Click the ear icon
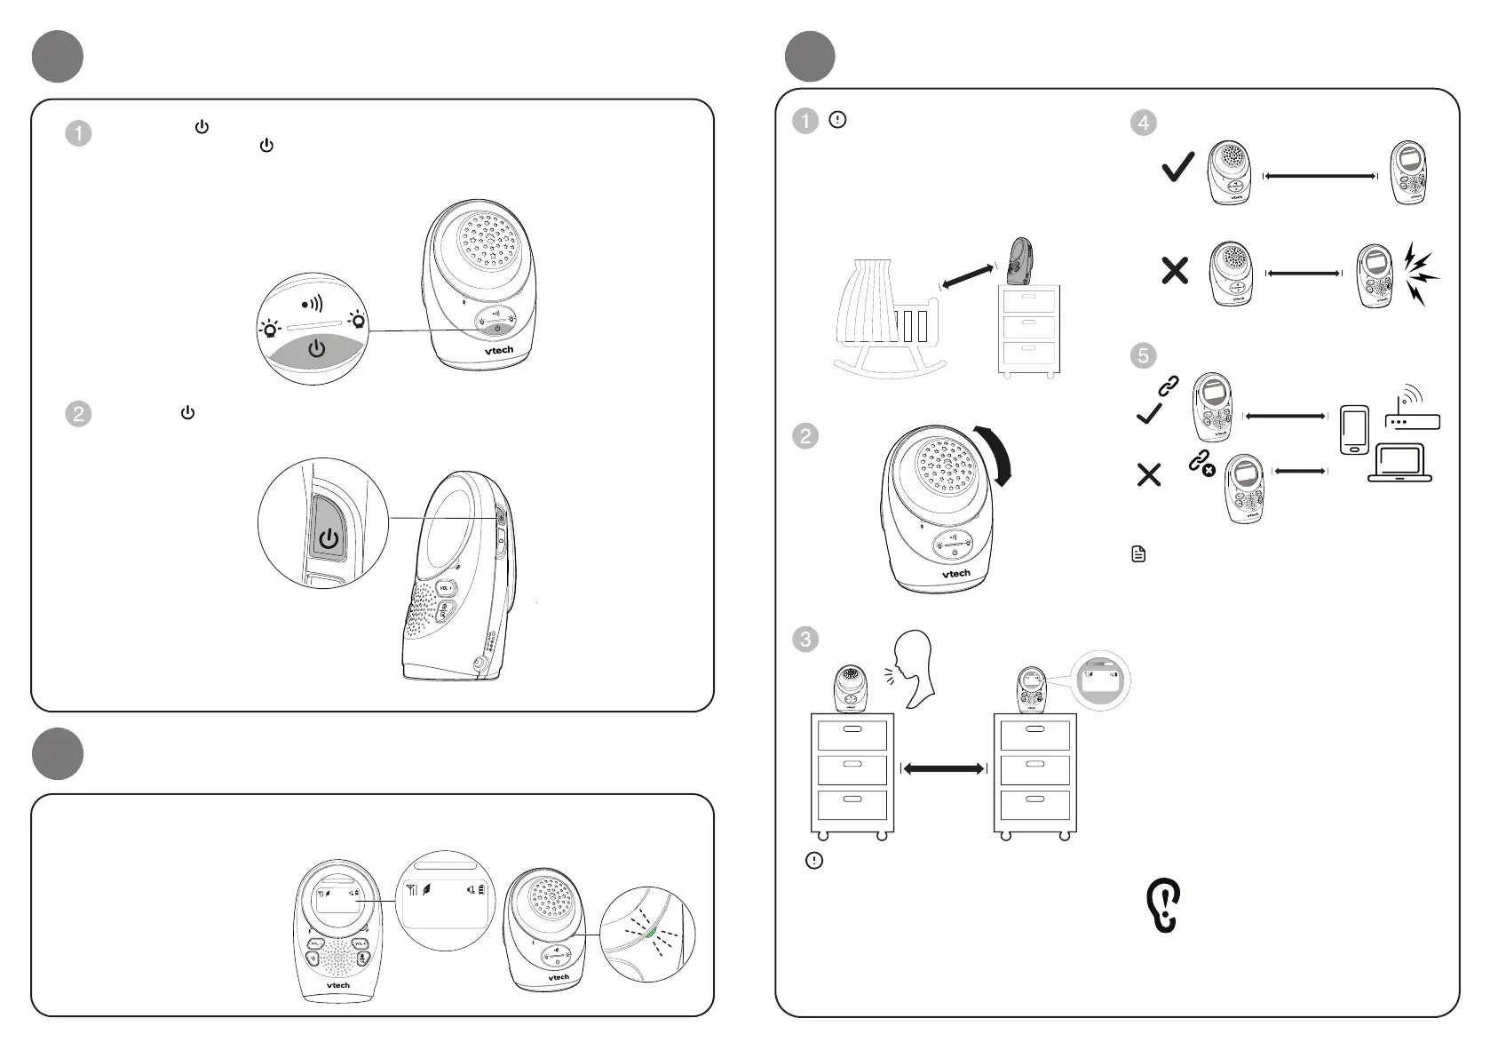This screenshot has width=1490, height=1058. [x=1163, y=905]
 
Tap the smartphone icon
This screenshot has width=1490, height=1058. [x=1353, y=430]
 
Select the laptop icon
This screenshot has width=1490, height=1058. [x=1399, y=463]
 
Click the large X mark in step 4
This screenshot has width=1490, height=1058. [x=1175, y=270]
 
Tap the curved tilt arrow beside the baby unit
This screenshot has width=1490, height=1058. [x=996, y=455]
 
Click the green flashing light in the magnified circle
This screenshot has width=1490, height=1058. [x=651, y=932]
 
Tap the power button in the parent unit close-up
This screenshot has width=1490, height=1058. [x=329, y=539]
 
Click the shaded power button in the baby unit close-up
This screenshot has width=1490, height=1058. [x=316, y=350]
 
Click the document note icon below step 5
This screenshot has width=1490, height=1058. [x=1138, y=554]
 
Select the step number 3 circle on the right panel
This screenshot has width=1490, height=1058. [x=805, y=639]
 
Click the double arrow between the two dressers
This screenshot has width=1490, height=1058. [x=943, y=768]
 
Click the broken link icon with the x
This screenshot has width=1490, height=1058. [x=1201, y=463]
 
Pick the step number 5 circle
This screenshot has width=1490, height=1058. [x=1144, y=356]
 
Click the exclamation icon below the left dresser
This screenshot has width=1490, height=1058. [x=814, y=860]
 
